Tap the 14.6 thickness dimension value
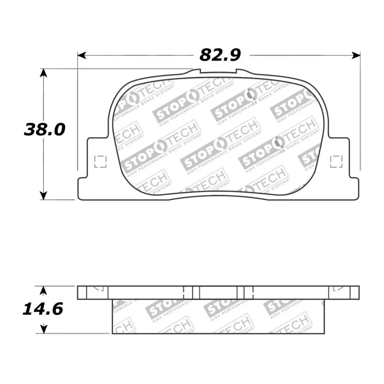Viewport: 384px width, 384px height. coord(43,309)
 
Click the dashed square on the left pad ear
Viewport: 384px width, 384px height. coord(100,162)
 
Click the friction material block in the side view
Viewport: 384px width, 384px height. coord(218,317)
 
